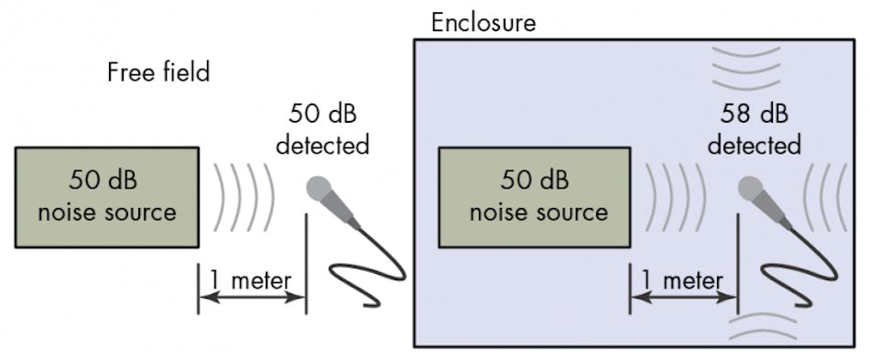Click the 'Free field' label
pos(158,72)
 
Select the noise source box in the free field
pos(106,197)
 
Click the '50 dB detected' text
pos(322,130)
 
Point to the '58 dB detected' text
pos(754,130)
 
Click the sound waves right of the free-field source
pos(243,197)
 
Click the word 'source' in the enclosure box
pos(571,213)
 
